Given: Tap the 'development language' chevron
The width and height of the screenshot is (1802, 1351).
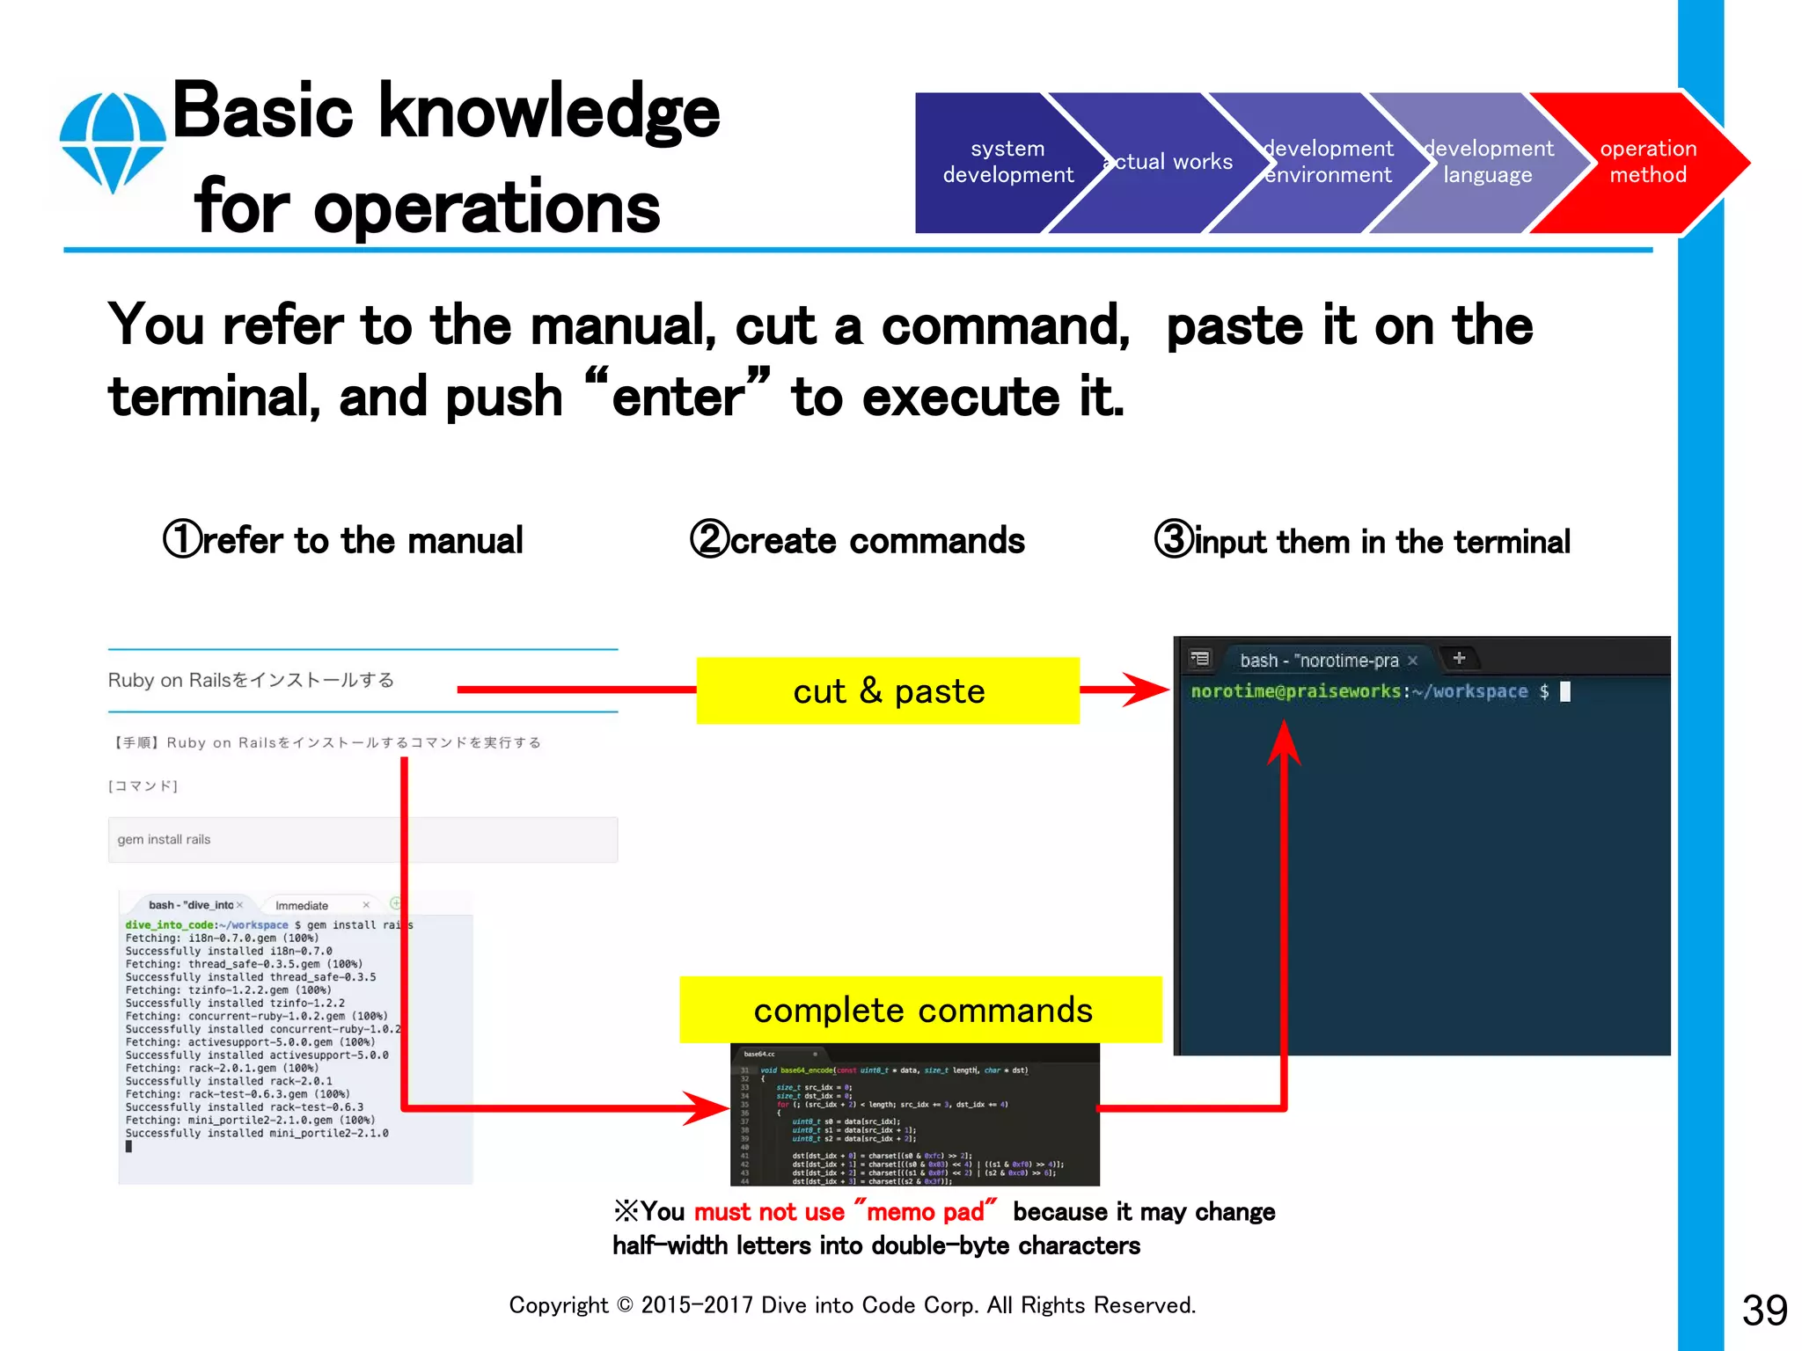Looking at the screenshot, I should click(1487, 162).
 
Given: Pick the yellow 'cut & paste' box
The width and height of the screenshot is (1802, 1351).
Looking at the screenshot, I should click(888, 690).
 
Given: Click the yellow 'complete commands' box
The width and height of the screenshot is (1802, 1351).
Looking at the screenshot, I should click(921, 1010).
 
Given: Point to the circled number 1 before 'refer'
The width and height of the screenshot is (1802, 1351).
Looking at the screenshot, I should click(182, 540).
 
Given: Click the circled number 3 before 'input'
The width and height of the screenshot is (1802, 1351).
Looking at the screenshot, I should click(1174, 540).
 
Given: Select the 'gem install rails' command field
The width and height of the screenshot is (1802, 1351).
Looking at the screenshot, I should click(363, 839).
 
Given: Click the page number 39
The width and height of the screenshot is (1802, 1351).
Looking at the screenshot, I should click(1764, 1311).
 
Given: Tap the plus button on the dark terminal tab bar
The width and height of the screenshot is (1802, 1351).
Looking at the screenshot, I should click(1459, 658).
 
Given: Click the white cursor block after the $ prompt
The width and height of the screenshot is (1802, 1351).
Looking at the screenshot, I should click(1565, 691).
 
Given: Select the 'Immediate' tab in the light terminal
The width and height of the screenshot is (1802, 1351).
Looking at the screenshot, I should click(302, 905).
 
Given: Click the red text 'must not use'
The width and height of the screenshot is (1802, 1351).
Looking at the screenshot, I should click(769, 1212).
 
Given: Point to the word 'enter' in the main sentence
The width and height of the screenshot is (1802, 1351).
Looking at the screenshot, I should click(678, 397).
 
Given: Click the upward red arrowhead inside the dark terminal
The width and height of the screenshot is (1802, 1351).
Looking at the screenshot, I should click(1284, 743).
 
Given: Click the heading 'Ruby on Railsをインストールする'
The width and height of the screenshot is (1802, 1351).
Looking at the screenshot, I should click(251, 680).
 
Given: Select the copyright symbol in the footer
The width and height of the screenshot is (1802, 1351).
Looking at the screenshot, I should click(625, 1305).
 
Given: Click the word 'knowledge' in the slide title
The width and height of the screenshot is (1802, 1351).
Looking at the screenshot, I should click(549, 112).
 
